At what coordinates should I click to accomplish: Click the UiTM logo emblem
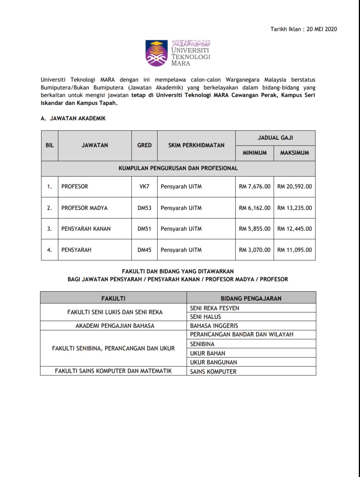point(157,53)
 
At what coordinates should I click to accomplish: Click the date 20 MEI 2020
point(322,29)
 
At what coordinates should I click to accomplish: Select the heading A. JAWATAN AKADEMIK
point(73,118)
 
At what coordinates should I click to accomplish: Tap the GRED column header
point(144,145)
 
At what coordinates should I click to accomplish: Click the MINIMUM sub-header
point(255,153)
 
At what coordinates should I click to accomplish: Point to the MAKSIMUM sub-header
point(294,153)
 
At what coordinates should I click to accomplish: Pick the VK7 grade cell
point(144,186)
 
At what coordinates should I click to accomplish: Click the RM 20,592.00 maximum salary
point(294,186)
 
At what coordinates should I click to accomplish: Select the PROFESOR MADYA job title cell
point(84,208)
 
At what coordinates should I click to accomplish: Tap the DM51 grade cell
point(144,229)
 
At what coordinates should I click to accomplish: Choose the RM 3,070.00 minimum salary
point(255,250)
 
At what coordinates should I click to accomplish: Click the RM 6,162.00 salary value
point(255,208)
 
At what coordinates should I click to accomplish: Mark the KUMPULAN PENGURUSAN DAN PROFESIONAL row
point(178,168)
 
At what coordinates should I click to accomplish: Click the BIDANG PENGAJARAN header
point(251,298)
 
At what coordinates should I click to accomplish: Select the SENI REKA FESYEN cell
point(215,308)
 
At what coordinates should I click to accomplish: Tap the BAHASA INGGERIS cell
point(214,326)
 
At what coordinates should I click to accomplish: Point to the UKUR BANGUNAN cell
point(213,362)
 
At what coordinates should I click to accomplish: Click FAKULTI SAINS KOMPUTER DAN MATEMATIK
point(113,371)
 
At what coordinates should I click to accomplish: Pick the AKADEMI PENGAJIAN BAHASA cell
point(115,326)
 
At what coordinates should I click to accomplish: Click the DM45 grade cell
point(144,250)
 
